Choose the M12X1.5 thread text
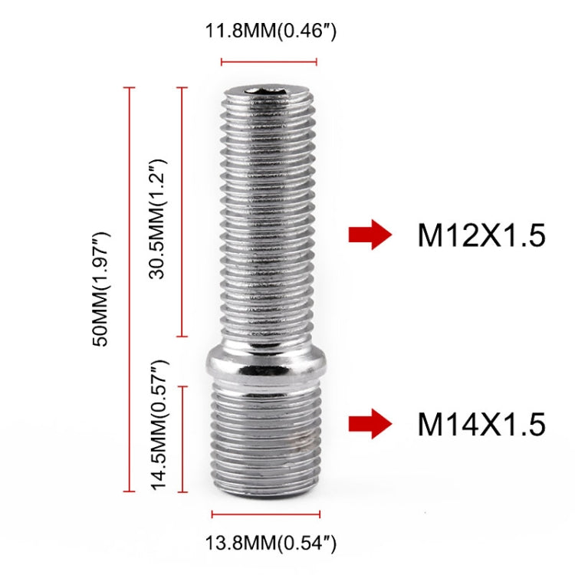(481, 236)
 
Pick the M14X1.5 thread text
(481, 423)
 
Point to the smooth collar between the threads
(268, 364)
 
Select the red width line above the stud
(269, 61)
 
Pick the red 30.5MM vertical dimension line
(182, 212)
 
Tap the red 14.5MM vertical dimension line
(182, 439)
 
